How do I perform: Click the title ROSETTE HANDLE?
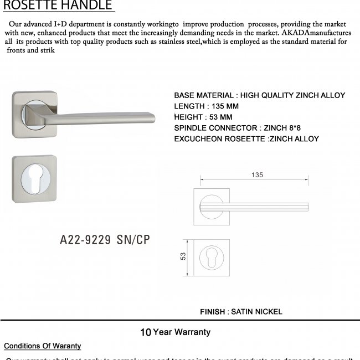(x=58, y=6)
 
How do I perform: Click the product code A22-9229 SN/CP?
(x=105, y=240)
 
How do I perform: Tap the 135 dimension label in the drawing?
(x=256, y=175)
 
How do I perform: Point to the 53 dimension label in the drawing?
(x=183, y=256)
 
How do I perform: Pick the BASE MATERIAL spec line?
(x=259, y=95)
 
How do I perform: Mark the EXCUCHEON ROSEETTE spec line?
(x=246, y=139)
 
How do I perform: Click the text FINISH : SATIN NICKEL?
(x=241, y=311)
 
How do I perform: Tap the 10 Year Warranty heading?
(x=175, y=332)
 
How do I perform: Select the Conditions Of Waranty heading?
(x=43, y=346)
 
